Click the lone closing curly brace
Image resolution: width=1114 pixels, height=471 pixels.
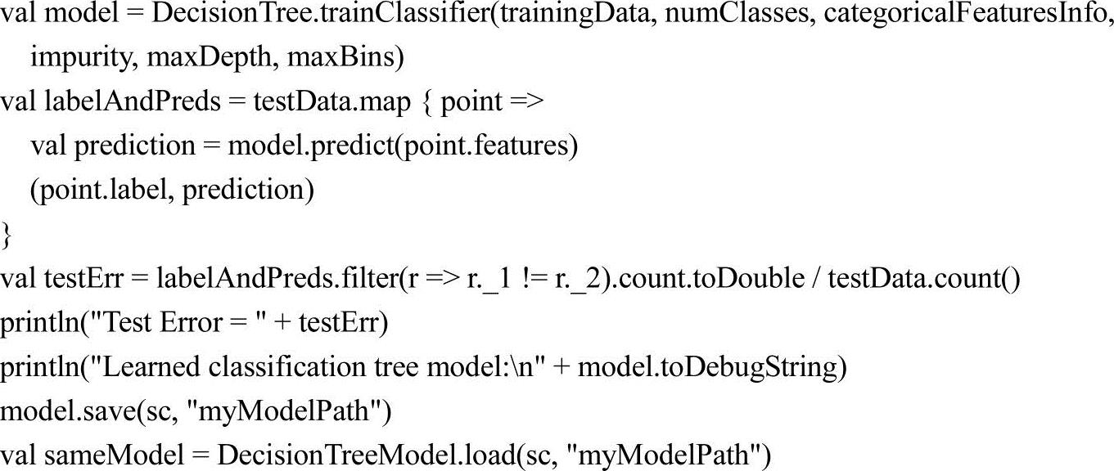tap(7, 235)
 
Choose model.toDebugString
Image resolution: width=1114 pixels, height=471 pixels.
tap(708, 367)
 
